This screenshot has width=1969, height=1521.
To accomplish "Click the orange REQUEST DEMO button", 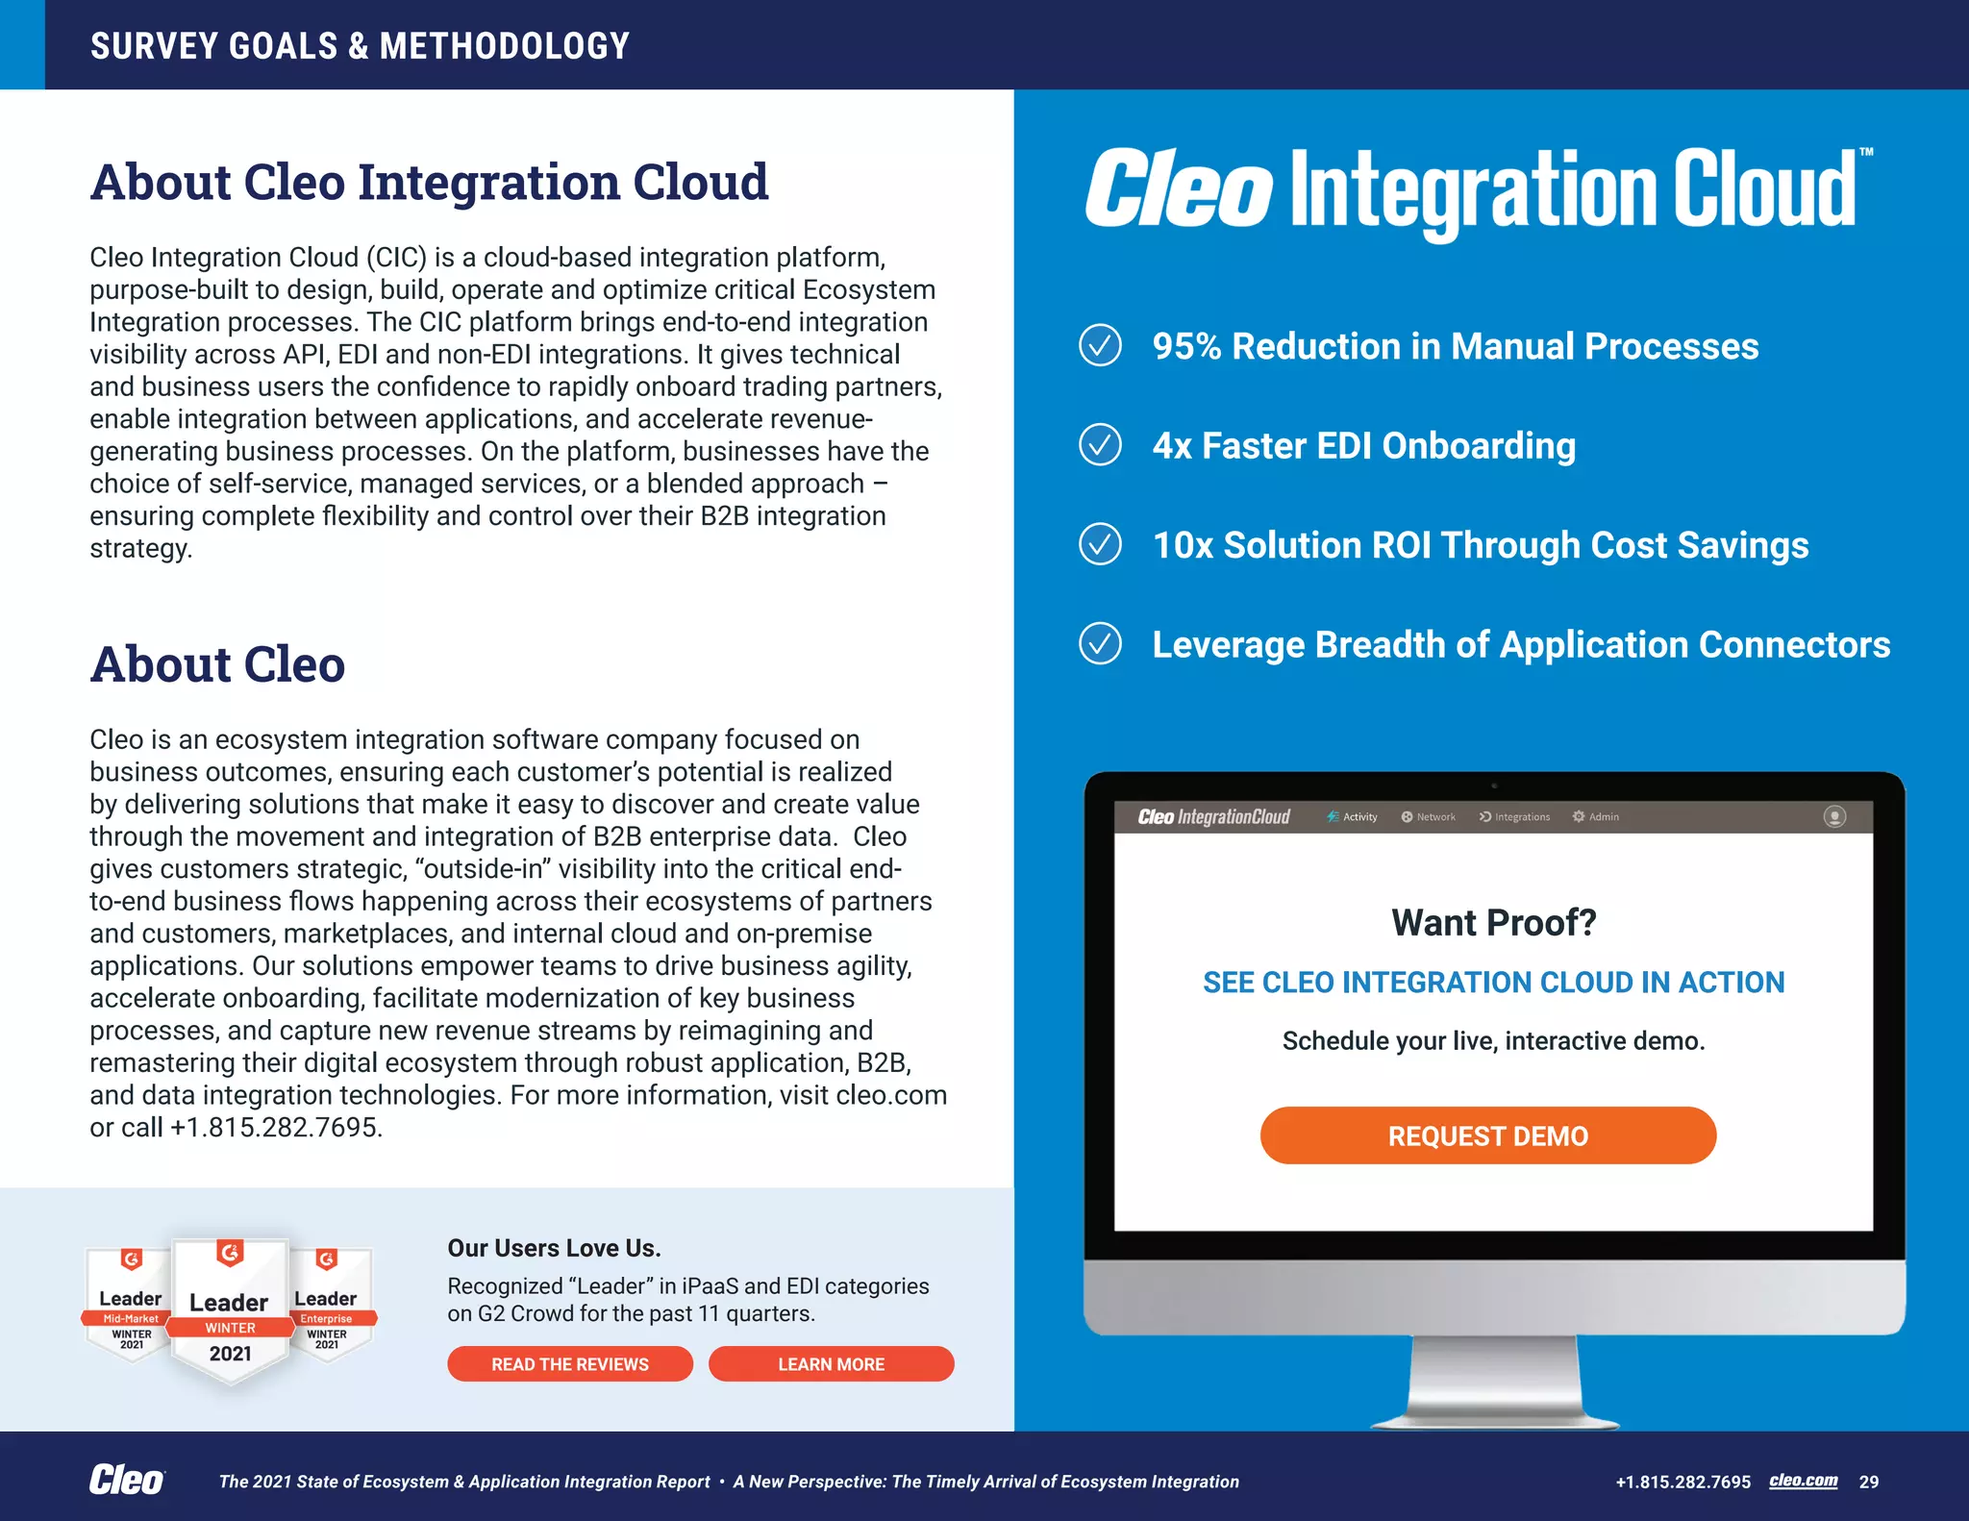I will click(x=1487, y=1135).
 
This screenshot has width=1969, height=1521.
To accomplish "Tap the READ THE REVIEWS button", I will click(x=569, y=1363).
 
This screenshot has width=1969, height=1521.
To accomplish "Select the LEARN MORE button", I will click(x=831, y=1363).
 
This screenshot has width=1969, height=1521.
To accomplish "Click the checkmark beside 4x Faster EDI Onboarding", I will click(x=1100, y=445).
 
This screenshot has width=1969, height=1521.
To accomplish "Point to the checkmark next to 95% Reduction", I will click(x=1100, y=345).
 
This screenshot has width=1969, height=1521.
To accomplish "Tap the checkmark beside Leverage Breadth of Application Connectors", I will click(x=1100, y=644).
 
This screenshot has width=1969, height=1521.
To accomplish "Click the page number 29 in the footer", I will click(x=1868, y=1482).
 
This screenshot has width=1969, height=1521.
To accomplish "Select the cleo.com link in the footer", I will click(x=1803, y=1481).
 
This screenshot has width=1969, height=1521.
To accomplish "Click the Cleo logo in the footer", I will click(x=126, y=1480).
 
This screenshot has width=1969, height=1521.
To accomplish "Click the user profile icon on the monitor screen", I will click(x=1834, y=816).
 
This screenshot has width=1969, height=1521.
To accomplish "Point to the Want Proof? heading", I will click(x=1493, y=922).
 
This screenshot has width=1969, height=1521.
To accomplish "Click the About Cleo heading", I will click(x=217, y=664).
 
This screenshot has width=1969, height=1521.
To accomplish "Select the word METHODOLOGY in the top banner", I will click(x=504, y=46).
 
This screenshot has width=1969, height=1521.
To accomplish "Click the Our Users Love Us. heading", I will click(x=554, y=1248).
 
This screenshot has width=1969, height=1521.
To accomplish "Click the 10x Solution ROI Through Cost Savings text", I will click(x=1480, y=545).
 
